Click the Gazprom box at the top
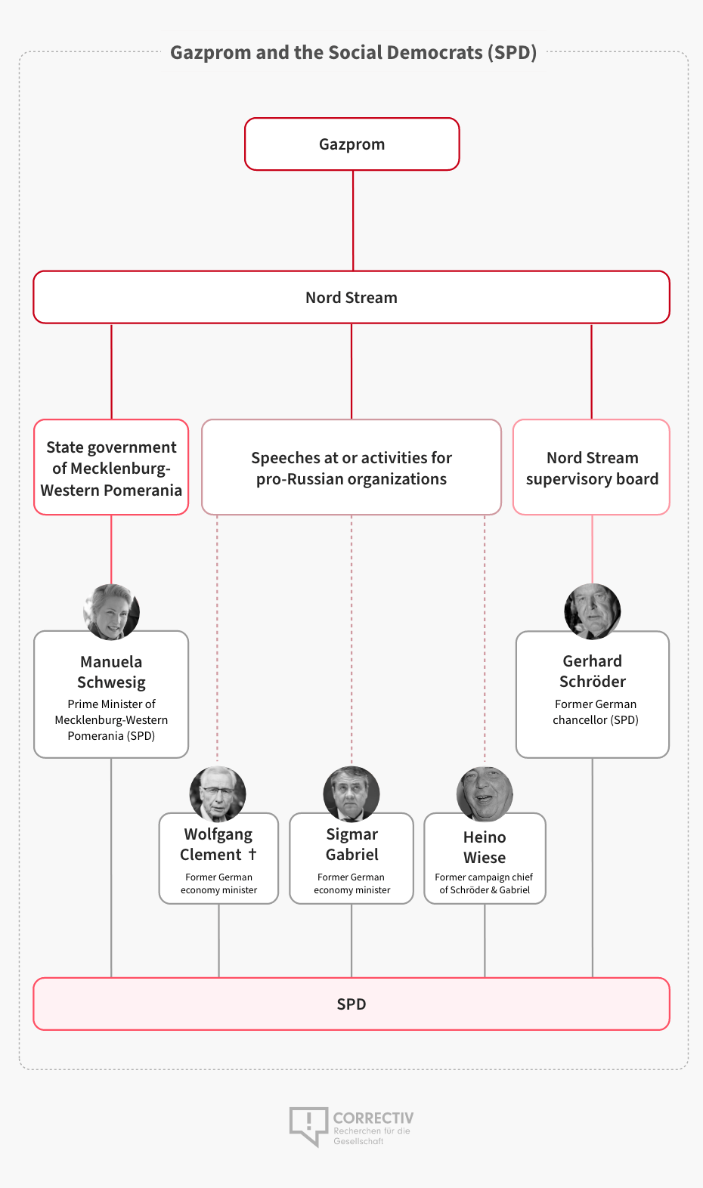[x=351, y=144]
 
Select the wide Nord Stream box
[x=351, y=297]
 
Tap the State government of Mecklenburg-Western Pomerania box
[x=111, y=467]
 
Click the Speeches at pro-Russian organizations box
[x=351, y=467]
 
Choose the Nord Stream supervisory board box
[x=592, y=467]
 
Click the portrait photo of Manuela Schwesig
[x=111, y=611]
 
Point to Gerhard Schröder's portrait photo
[x=592, y=611]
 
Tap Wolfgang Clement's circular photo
[x=218, y=794]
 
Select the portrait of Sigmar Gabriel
[x=351, y=794]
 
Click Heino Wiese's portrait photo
[x=485, y=794]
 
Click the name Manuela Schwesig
[x=111, y=672]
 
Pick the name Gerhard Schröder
[x=592, y=671]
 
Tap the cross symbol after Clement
[x=252, y=854]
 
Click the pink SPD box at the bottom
[x=351, y=1004]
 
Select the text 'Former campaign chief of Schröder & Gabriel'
[x=484, y=883]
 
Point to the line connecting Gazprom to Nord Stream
[x=353, y=221]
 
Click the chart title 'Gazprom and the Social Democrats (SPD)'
[x=353, y=52]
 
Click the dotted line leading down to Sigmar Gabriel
[x=351, y=640]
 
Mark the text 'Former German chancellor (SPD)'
[x=596, y=712]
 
